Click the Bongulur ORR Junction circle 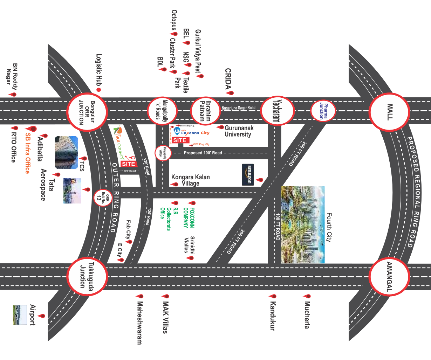pyautogui.click(x=87, y=112)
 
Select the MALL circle pyautogui.click(x=389, y=112)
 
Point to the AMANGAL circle pyautogui.click(x=389, y=277)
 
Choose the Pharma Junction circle pyautogui.click(x=323, y=111)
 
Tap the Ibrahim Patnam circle pyautogui.click(x=205, y=111)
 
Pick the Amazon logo pyautogui.click(x=248, y=174)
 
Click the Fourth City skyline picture pyautogui.click(x=303, y=224)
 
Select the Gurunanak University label pyautogui.click(x=239, y=131)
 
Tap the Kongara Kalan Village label pyautogui.click(x=190, y=180)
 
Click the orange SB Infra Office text pyautogui.click(x=27, y=153)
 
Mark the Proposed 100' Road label pyautogui.click(x=203, y=153)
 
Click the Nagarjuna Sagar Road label pyautogui.click(x=238, y=108)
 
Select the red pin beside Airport pyautogui.click(x=42, y=316)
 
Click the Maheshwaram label pyautogui.click(x=139, y=323)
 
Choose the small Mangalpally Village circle pyautogui.click(x=163, y=153)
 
